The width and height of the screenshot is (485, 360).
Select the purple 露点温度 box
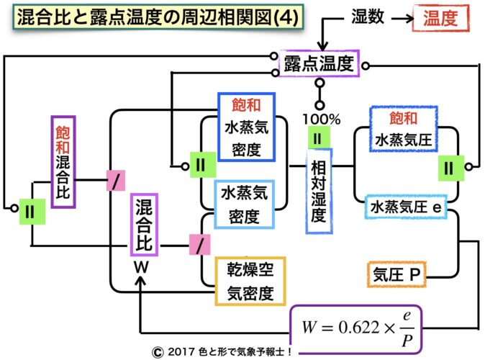(318, 65)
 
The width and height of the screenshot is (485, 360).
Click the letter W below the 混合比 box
(141, 266)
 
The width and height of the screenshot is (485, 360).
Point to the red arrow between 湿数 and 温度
(399, 16)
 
